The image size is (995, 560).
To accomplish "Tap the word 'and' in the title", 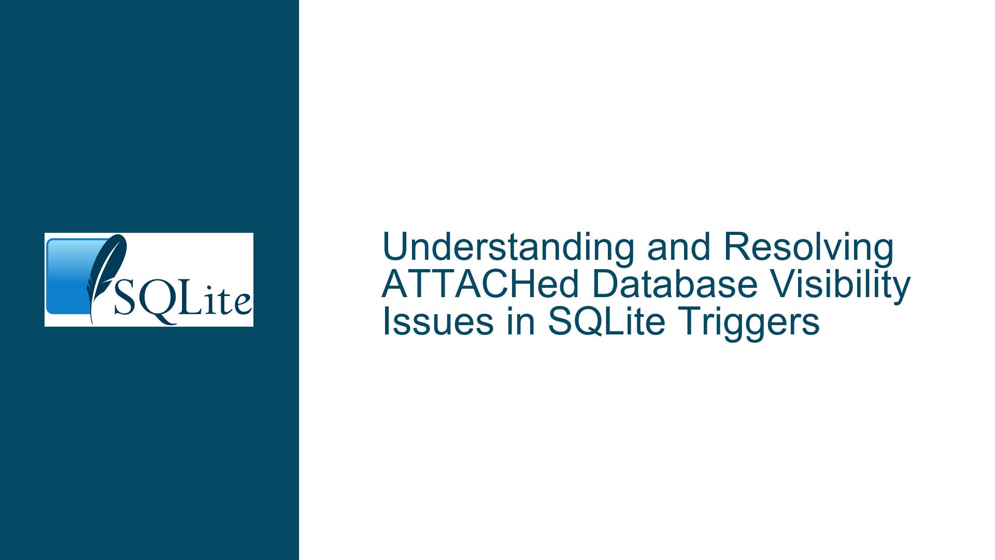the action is point(678,247).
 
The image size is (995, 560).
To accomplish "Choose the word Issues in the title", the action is point(437,321).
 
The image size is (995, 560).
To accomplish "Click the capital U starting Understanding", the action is point(395,247).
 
